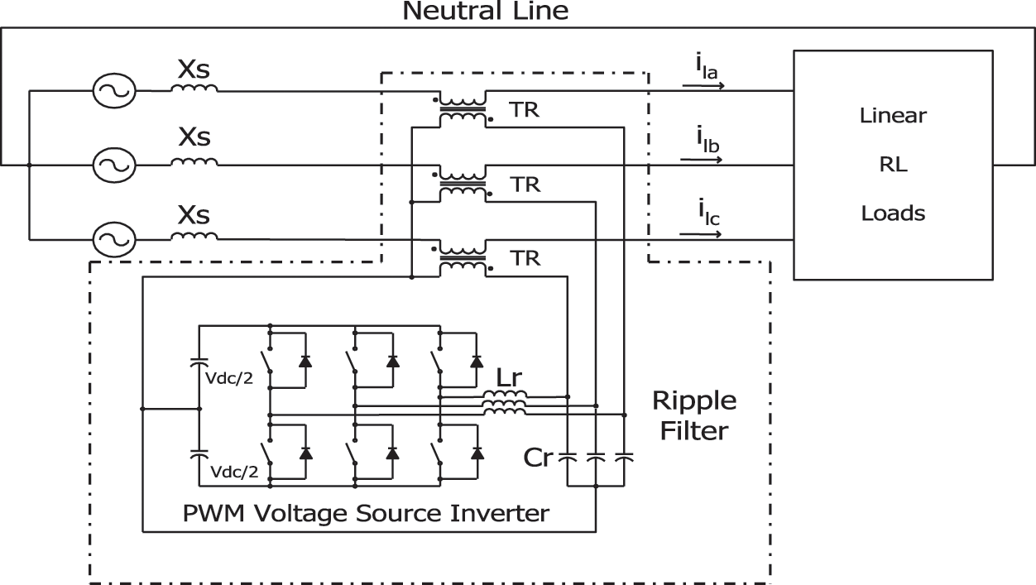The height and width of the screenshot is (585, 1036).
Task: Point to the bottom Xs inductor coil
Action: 194,237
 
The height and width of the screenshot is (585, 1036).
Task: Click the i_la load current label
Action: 705,70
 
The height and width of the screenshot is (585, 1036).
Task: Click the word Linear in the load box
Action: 894,116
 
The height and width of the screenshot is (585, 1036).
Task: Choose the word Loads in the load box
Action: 894,213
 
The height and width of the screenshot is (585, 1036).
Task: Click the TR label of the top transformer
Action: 525,110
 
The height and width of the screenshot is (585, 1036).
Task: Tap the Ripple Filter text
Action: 693,416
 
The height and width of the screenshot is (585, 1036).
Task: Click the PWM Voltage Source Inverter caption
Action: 366,513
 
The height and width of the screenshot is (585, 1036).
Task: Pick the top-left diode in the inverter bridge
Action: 305,361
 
